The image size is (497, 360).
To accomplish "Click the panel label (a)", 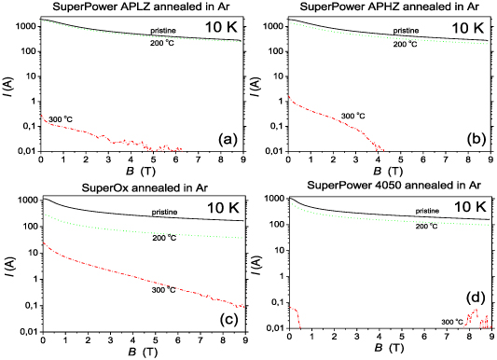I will point(229,140).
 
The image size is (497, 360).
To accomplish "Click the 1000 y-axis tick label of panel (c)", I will point(23,201).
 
